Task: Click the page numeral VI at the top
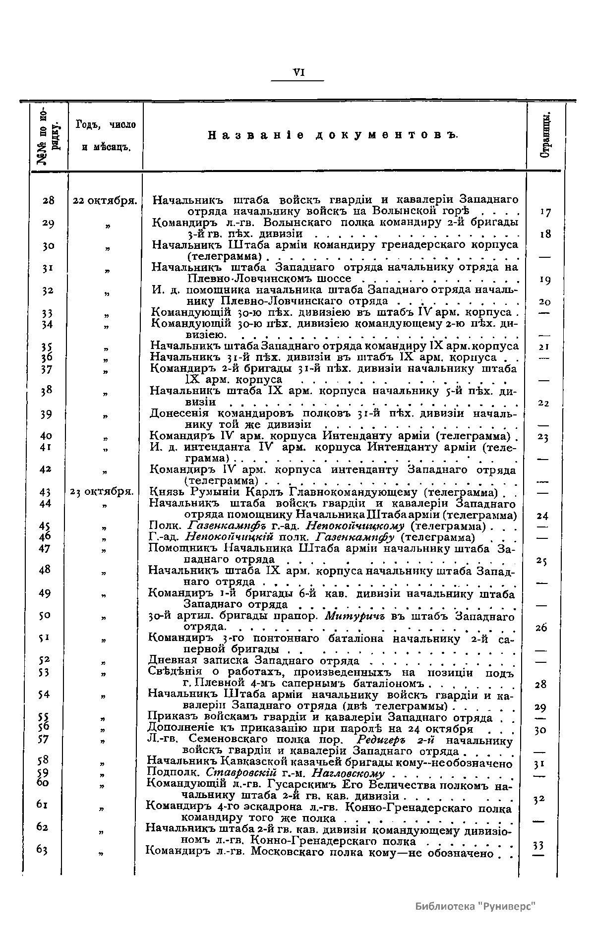(298, 72)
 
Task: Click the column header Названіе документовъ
(333, 135)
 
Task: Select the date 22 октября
(105, 201)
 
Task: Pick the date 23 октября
(103, 492)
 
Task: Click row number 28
(48, 201)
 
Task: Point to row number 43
(45, 492)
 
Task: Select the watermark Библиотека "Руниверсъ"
(476, 906)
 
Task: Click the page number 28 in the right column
(541, 685)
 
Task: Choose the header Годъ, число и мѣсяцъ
(106, 135)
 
